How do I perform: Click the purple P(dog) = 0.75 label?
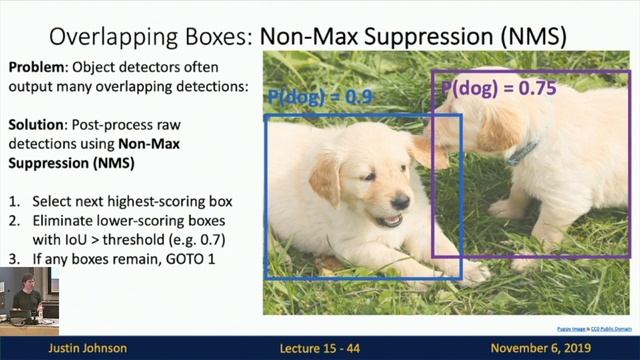click(x=497, y=88)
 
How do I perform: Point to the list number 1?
click(x=14, y=200)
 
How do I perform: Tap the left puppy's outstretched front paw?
click(x=470, y=268)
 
